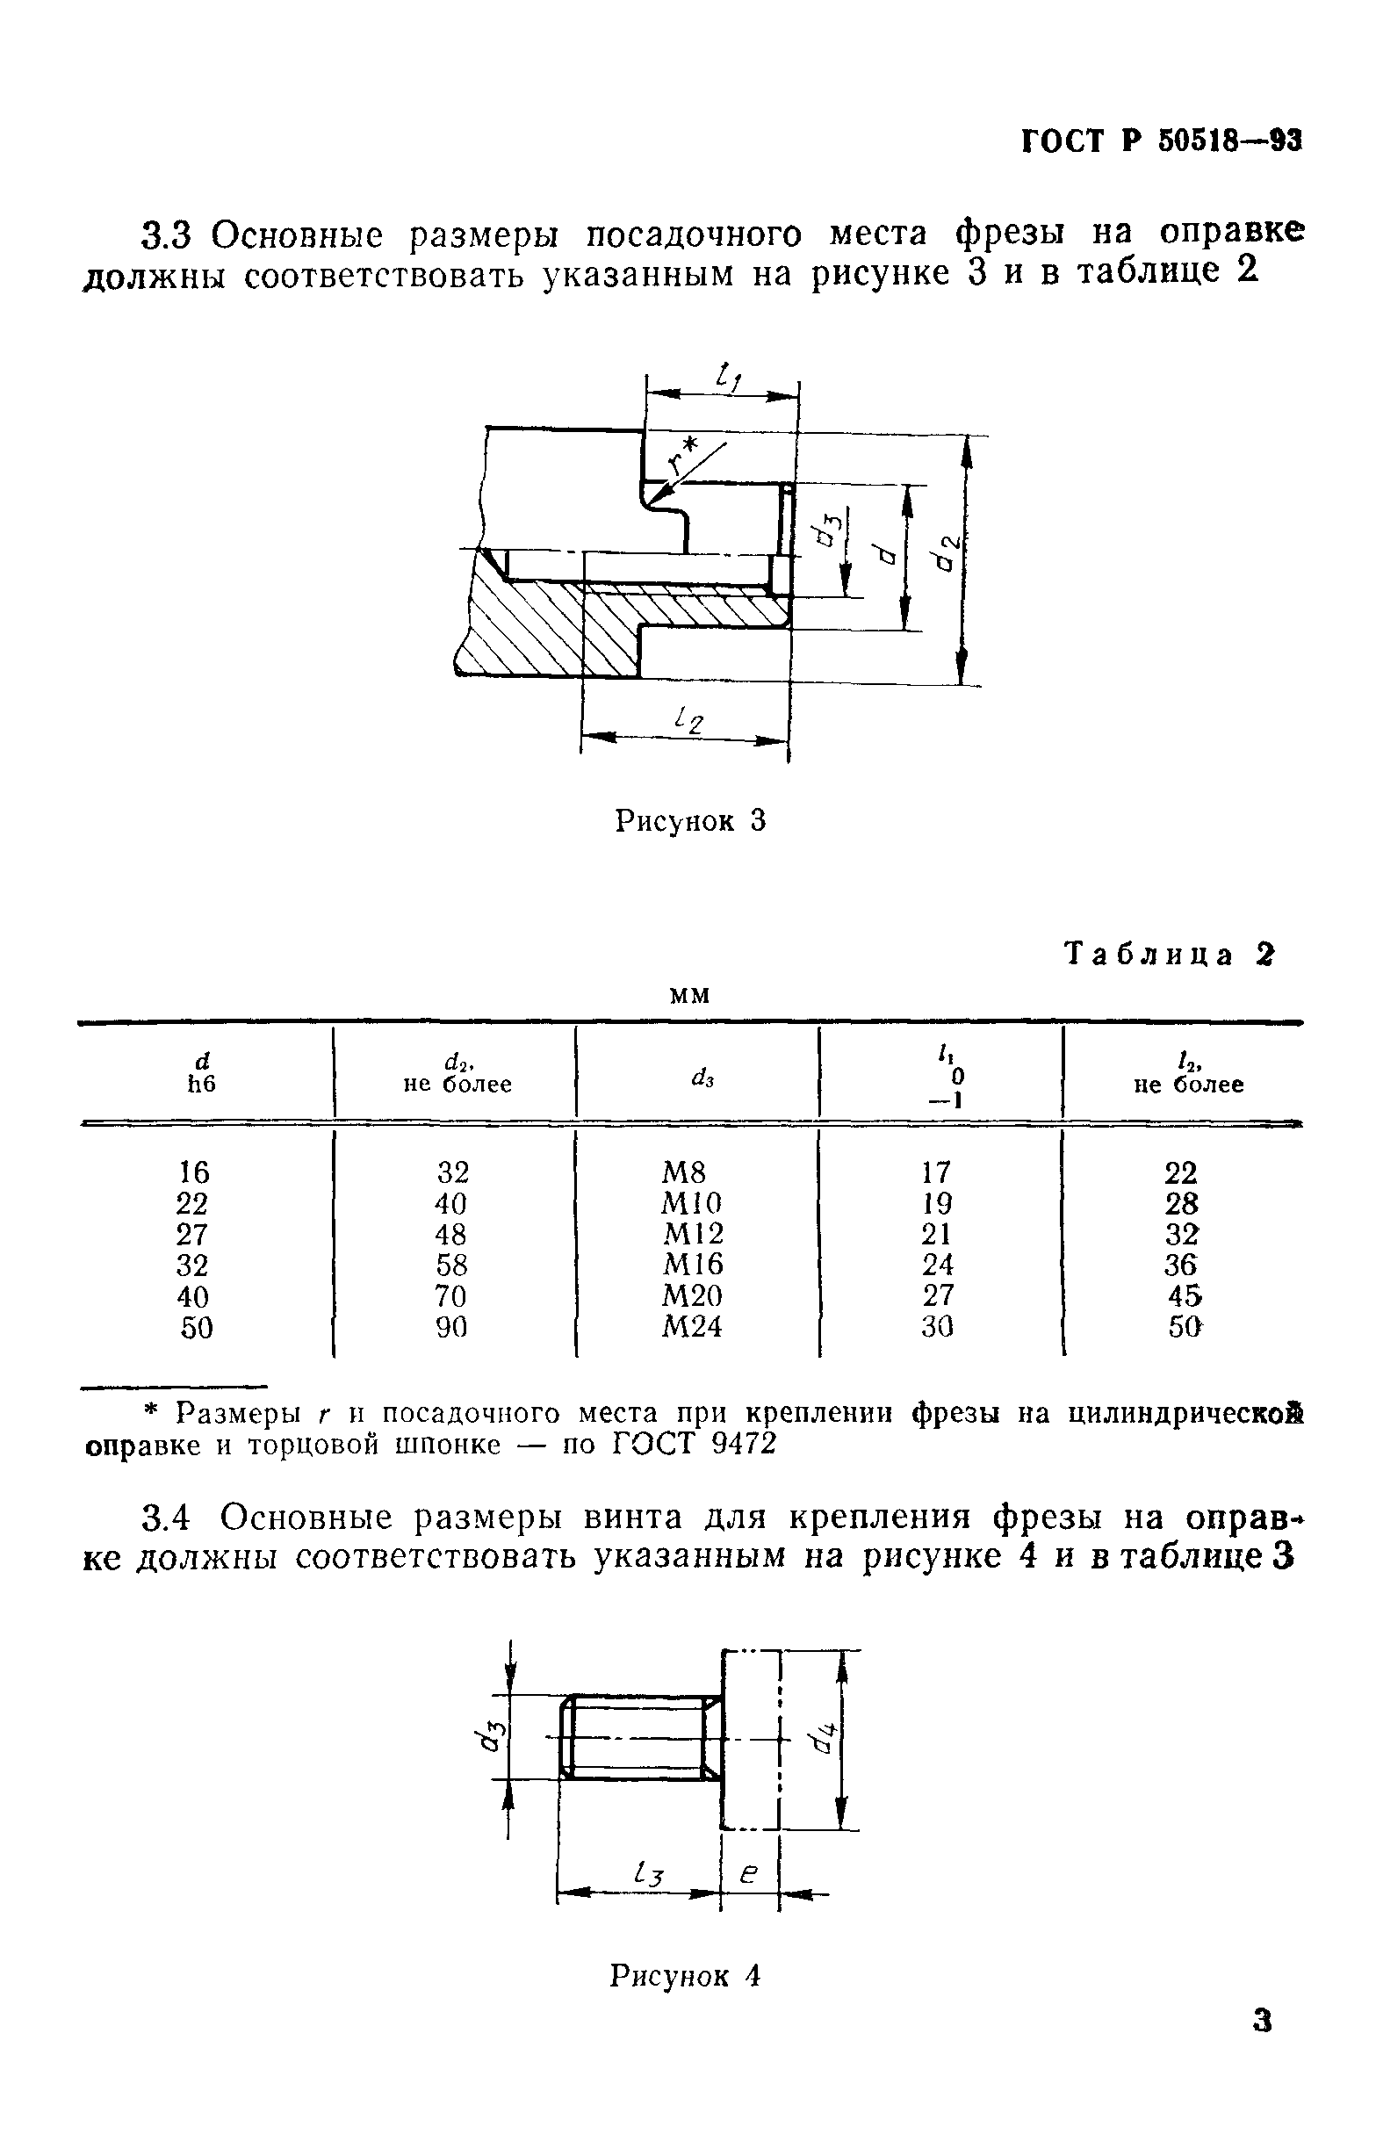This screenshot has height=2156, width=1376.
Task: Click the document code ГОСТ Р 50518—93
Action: tap(1161, 141)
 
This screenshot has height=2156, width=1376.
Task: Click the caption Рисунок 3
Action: tap(690, 820)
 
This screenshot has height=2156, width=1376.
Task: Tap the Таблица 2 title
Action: tap(1169, 955)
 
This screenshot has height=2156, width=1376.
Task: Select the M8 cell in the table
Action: tap(684, 1172)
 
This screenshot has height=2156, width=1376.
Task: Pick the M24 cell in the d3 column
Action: tap(691, 1326)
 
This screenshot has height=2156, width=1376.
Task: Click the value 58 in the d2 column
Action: tap(451, 1265)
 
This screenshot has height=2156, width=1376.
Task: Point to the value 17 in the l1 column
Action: tap(936, 1172)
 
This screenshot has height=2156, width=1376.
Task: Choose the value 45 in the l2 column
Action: tap(1184, 1295)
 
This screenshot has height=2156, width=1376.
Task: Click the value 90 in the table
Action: tap(451, 1326)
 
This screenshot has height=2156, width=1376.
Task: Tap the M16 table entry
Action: tap(692, 1265)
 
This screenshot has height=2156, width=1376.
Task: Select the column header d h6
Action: tap(201, 1071)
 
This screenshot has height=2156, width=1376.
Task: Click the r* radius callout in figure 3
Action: tap(686, 458)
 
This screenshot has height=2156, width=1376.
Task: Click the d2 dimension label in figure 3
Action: tap(947, 553)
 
